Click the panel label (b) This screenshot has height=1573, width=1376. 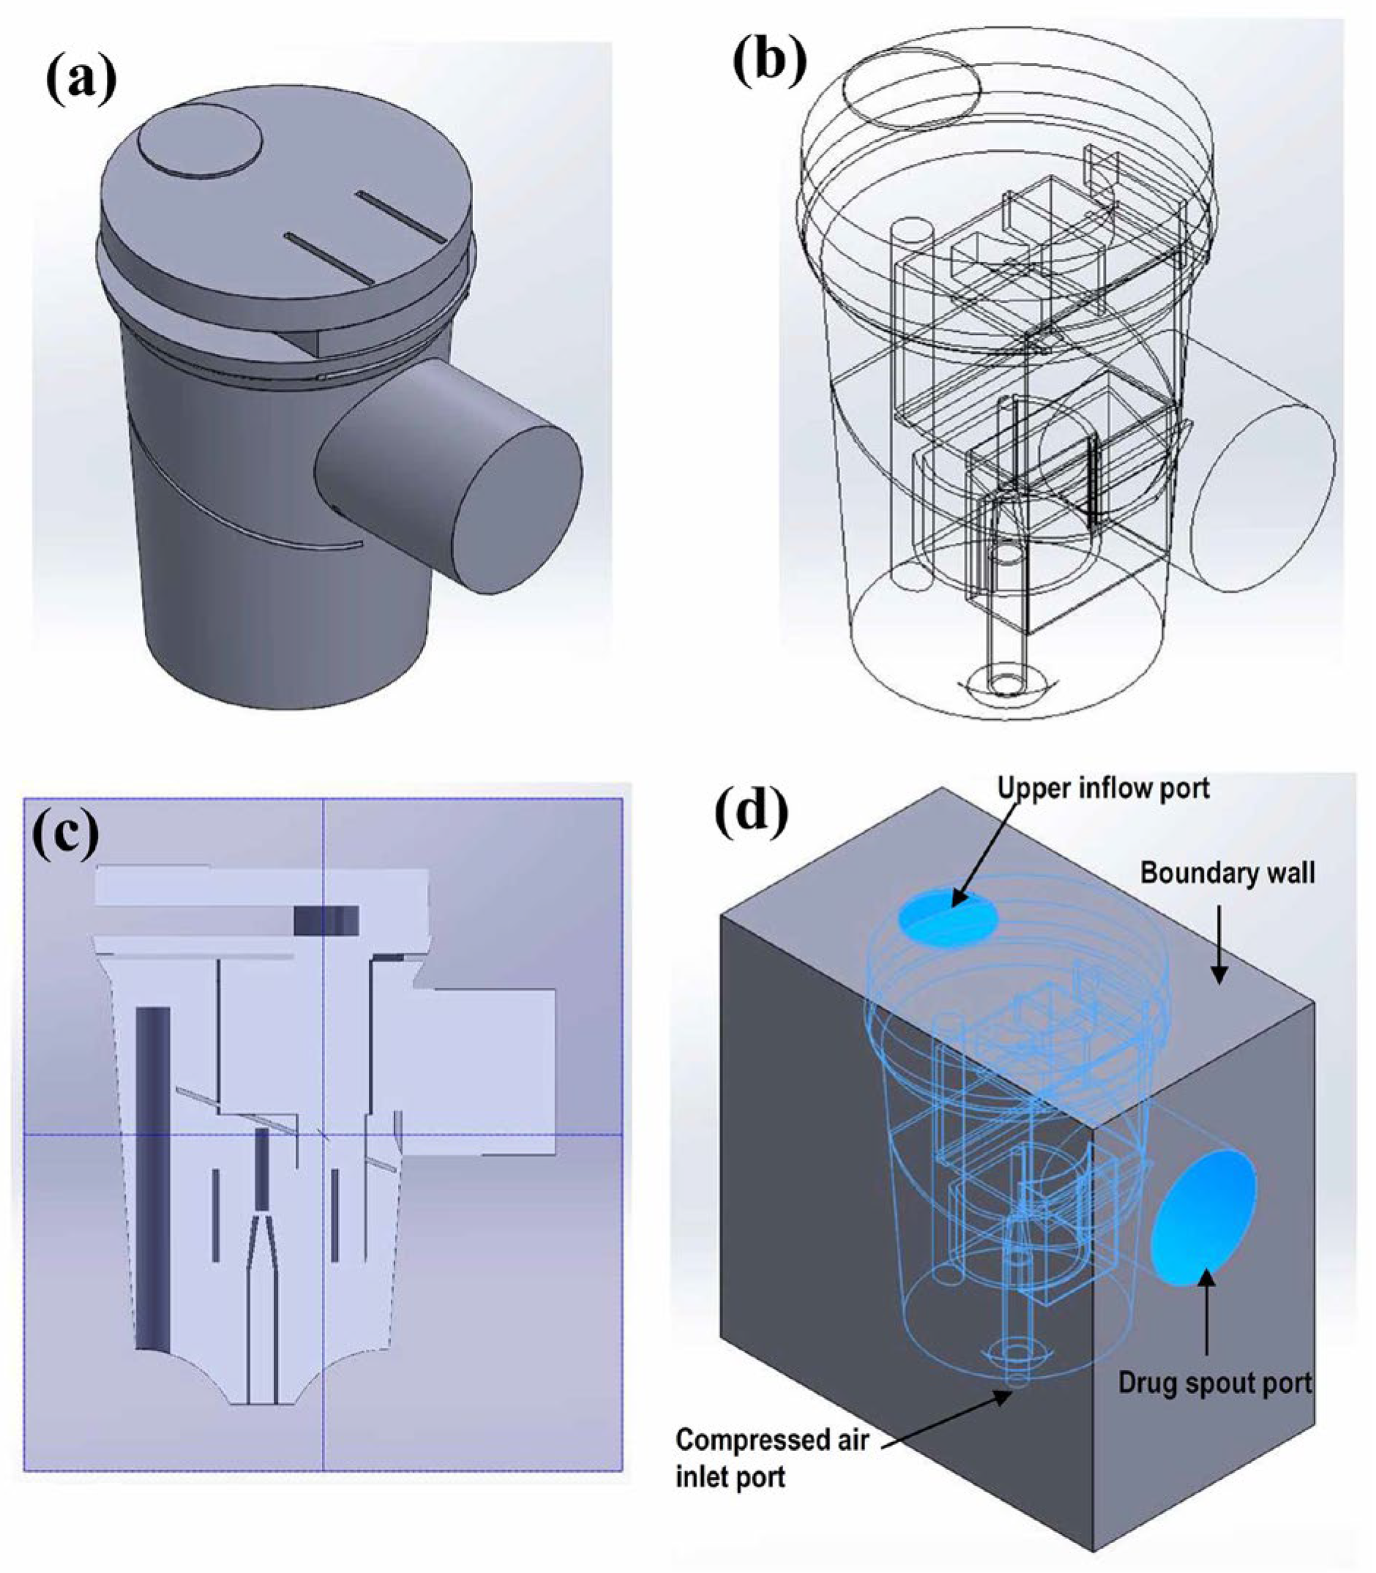tap(769, 61)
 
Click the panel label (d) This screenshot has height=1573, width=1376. tap(751, 811)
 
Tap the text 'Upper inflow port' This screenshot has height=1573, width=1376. tap(1104, 788)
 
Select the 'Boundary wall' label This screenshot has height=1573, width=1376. tap(1227, 873)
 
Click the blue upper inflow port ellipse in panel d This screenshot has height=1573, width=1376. tap(949, 918)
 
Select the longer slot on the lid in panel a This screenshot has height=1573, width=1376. tap(400, 214)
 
